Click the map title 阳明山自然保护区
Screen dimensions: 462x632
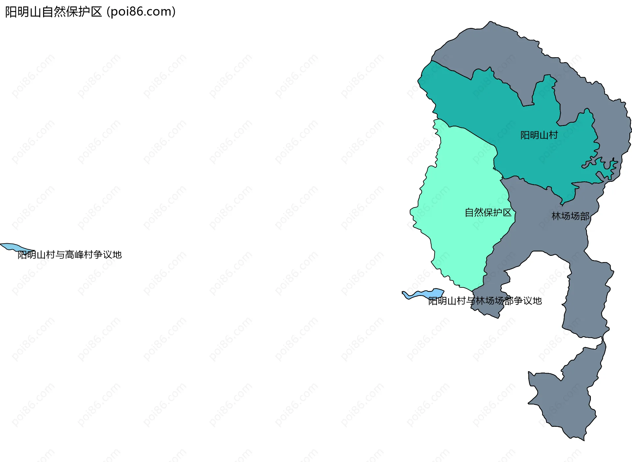[x=54, y=12]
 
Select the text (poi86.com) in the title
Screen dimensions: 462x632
[x=141, y=12]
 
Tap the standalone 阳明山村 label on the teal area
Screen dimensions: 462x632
[x=539, y=135]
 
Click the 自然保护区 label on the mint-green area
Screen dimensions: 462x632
[x=488, y=212]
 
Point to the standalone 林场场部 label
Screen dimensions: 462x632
[x=570, y=216]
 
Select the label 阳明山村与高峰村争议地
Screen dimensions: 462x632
[x=69, y=255]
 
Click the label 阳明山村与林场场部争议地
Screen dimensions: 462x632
[x=485, y=301]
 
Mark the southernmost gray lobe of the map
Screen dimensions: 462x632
[x=566, y=398]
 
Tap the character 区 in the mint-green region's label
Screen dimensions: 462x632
[x=507, y=212]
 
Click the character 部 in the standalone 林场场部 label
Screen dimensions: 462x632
[x=585, y=216]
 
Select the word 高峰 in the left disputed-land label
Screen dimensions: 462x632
[x=74, y=255]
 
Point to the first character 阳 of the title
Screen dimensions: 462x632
[x=11, y=12]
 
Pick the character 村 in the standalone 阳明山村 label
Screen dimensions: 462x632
[x=553, y=135]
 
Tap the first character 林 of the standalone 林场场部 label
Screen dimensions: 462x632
[x=556, y=216]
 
